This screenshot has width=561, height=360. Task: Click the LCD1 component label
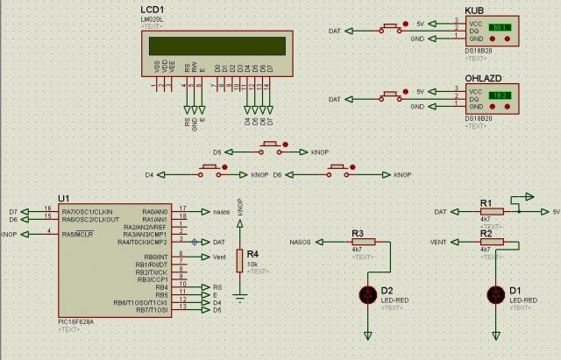pos(153,9)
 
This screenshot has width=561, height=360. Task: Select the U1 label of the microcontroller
pos(62,198)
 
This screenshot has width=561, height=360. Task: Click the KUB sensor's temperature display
pos(501,29)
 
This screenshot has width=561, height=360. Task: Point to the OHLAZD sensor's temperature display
pos(501,95)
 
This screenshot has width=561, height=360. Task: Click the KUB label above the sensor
pos(473,10)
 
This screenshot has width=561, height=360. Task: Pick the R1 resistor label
pos(486,202)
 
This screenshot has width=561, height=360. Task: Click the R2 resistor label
pos(486,233)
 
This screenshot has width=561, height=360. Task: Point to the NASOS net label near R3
pos(300,242)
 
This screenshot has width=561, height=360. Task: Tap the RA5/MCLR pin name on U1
pos(76,234)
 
